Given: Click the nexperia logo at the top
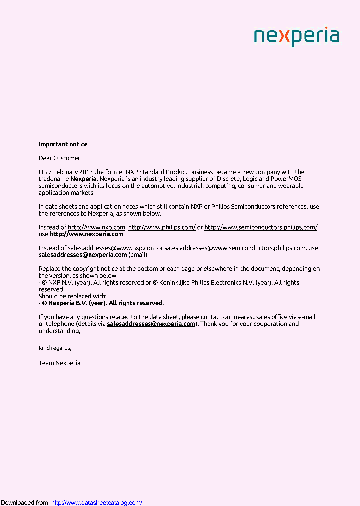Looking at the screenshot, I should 296,37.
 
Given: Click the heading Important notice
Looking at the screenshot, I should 63,144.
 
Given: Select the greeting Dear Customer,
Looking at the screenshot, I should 60,158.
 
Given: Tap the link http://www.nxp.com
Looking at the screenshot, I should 96,227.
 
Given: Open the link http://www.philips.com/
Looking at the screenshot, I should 162,227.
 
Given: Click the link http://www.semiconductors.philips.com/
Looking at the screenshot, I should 261,227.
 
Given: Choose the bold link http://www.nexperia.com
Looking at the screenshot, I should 86,234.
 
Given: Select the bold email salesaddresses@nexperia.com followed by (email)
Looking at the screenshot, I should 83,255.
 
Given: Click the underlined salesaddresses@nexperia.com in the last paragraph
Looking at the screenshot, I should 151,324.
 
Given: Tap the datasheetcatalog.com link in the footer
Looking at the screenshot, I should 97,502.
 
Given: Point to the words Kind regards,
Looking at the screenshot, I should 55,348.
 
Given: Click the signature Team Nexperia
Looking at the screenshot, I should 59,363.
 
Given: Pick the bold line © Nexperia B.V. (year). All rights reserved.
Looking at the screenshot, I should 103,303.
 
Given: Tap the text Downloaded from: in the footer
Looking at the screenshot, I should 25,502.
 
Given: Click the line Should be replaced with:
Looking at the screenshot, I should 73,296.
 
